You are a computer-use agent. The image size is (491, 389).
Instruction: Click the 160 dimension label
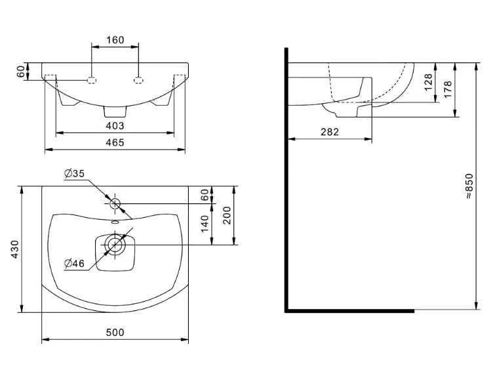[115, 40]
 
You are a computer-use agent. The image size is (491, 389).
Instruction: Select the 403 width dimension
[115, 126]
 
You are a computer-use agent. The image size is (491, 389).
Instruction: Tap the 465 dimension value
[115, 142]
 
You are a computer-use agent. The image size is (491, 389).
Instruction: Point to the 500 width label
[115, 333]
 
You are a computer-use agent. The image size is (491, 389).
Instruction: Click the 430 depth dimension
[14, 249]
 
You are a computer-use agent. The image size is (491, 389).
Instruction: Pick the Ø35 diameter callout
[75, 173]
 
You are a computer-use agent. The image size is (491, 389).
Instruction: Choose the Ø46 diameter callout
[75, 263]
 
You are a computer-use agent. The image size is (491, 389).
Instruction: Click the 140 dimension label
[205, 224]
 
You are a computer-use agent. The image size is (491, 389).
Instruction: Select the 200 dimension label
[227, 215]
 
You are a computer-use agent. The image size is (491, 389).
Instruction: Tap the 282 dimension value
[330, 132]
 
